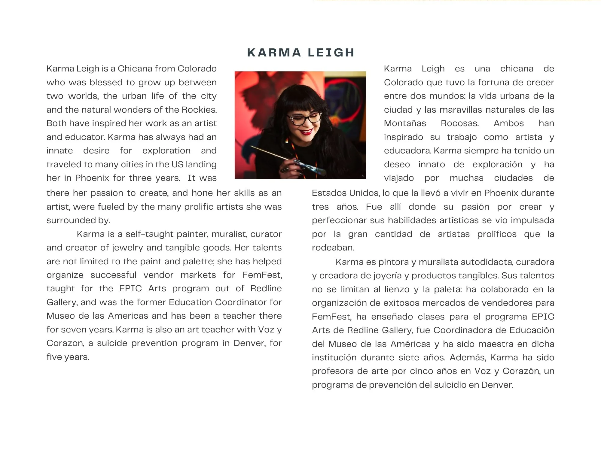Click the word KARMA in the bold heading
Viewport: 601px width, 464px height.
274,53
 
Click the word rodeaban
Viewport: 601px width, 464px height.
333,247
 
